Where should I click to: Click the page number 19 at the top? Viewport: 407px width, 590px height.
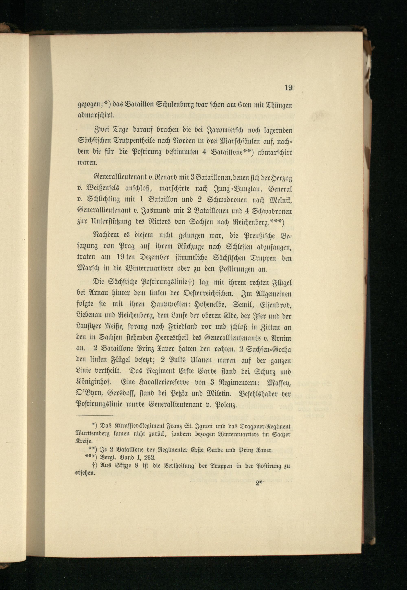(288, 88)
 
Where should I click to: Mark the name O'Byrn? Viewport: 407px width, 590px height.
(90, 394)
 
